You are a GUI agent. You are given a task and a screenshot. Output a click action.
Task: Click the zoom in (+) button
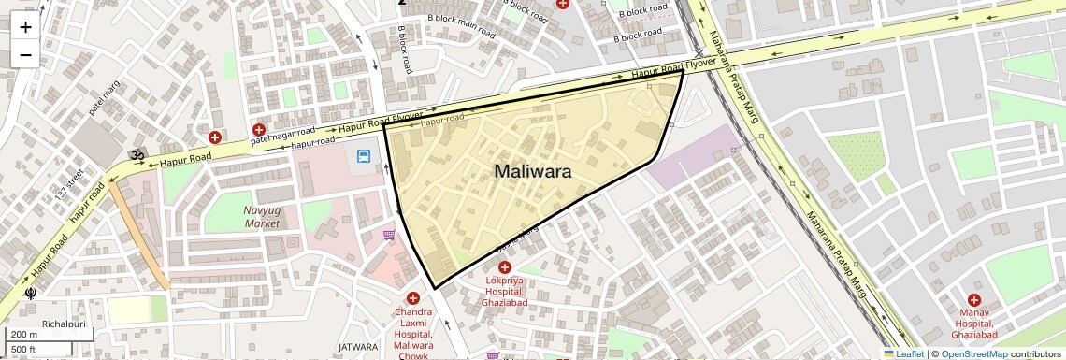[25, 27]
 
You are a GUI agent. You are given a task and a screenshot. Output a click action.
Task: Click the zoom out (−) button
[25, 55]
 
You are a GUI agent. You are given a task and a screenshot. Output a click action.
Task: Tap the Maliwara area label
[532, 172]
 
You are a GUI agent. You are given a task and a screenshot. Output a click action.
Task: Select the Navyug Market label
[263, 216]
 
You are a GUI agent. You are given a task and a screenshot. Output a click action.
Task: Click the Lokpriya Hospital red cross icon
[505, 267]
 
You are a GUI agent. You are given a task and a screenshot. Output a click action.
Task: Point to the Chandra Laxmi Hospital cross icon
[412, 298]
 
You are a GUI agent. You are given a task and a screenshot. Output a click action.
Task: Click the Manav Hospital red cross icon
[973, 300]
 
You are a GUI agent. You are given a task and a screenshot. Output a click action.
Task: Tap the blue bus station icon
[363, 156]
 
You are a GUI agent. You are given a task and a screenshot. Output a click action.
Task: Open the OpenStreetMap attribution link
[973, 353]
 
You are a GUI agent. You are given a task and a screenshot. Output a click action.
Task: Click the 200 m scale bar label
[23, 335]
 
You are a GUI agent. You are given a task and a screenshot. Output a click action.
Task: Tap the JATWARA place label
[358, 347]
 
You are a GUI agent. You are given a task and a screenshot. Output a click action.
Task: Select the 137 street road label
[70, 183]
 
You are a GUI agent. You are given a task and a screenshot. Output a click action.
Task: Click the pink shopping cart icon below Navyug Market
[389, 235]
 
